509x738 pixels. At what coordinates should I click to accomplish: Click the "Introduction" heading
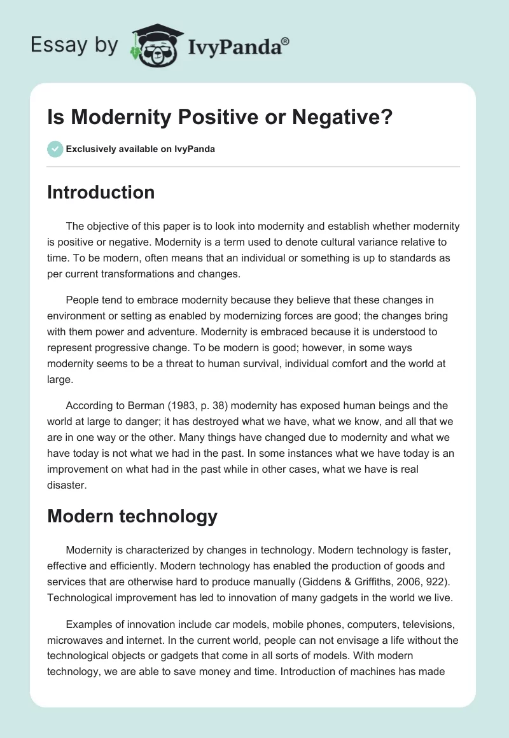click(101, 192)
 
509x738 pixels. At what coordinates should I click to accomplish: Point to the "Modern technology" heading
click(132, 516)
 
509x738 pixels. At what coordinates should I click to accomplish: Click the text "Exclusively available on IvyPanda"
click(141, 150)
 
